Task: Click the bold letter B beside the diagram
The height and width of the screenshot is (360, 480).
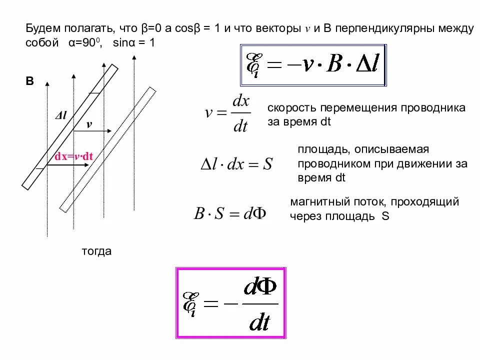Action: coord(30,82)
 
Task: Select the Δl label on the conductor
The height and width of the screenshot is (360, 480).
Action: coord(61,115)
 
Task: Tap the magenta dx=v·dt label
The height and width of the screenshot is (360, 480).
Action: coord(74,156)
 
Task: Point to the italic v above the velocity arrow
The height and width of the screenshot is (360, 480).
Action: coord(89,124)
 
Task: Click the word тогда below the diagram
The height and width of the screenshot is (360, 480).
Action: coord(97,251)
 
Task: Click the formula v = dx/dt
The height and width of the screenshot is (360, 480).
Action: coord(227,114)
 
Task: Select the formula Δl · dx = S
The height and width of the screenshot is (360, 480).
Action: coord(236,164)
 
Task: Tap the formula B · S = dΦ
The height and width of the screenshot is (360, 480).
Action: coord(230,213)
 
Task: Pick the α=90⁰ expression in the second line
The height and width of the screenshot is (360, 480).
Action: coord(85,43)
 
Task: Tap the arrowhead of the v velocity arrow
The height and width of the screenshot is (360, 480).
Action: coord(113,131)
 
